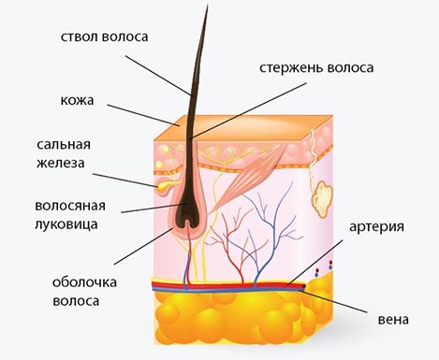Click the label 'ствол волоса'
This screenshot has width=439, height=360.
pyautogui.click(x=104, y=36)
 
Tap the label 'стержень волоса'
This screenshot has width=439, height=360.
pyautogui.click(x=316, y=68)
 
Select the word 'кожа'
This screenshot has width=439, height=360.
pyautogui.click(x=77, y=100)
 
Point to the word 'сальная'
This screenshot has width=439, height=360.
pyautogui.click(x=64, y=144)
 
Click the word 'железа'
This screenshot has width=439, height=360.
pyautogui.click(x=61, y=163)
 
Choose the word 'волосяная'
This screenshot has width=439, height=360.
pyautogui.click(x=70, y=206)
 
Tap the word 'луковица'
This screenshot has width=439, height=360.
pyautogui.click(x=66, y=224)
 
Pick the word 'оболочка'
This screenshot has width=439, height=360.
pyautogui.click(x=84, y=282)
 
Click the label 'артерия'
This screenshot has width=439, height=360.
pyautogui.click(x=376, y=227)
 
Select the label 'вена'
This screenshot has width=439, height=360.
pyautogui.click(x=393, y=320)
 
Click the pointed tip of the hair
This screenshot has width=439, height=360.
pyautogui.click(x=207, y=6)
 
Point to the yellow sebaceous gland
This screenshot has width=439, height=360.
pyautogui.click(x=166, y=186)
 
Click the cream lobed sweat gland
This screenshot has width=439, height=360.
pyautogui.click(x=323, y=200)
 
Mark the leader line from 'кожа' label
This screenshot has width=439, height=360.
pyautogui.click(x=143, y=115)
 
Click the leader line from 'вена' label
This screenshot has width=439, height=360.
pyautogui.click(x=333, y=301)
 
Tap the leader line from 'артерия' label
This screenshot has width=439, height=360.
pyautogui.click(x=315, y=262)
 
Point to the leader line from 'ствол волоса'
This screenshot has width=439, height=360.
pyautogui.click(x=158, y=75)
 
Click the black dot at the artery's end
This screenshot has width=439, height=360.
pyautogui.click(x=304, y=285)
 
